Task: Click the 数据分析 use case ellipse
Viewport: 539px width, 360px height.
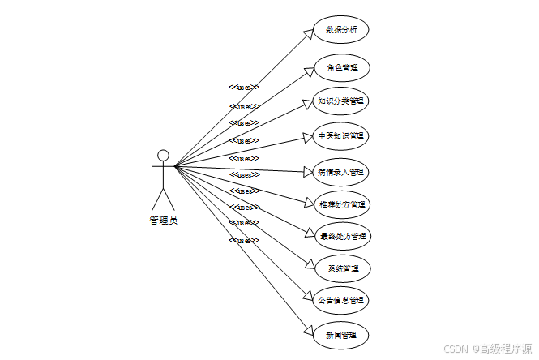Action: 341,31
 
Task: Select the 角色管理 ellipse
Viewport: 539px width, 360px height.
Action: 341,67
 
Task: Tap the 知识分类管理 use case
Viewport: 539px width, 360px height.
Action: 341,101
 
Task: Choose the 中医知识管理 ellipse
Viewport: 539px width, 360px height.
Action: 341,135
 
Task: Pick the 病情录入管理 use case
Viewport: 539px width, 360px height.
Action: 341,171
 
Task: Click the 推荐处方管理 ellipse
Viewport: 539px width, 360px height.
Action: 341,204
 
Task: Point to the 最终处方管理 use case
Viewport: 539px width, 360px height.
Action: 341,237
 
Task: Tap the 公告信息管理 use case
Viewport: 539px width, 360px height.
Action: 341,300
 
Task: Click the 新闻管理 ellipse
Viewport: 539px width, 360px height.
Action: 341,334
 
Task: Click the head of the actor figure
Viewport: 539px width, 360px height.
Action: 163,155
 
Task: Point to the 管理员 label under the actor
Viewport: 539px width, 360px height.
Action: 163,219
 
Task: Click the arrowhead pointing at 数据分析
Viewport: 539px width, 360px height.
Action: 308,33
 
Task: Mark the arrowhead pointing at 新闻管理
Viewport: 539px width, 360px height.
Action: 308,329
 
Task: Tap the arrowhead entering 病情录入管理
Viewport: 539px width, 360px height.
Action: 308,171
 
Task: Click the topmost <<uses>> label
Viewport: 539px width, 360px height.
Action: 244,87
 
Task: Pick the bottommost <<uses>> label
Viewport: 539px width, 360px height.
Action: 244,240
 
